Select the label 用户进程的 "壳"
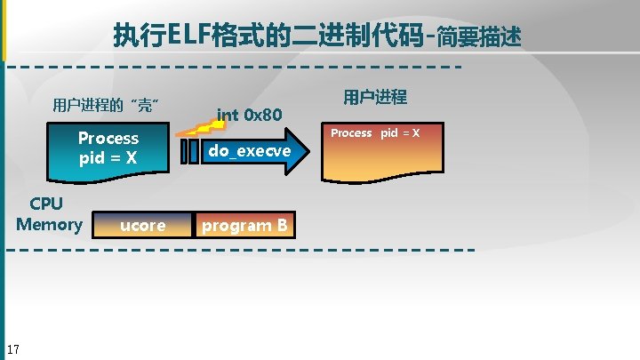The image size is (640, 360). tap(106, 107)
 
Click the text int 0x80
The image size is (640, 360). tap(250, 115)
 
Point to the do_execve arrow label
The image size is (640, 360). tap(249, 151)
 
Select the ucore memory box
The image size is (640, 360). tap(142, 226)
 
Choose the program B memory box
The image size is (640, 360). tap(244, 226)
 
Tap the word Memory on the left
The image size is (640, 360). tap(49, 224)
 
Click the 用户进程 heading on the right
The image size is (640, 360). tap(374, 97)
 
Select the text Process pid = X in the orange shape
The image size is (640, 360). tap(374, 133)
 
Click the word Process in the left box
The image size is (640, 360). tap(108, 138)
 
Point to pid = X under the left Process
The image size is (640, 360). tap(108, 158)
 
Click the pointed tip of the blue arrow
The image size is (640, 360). tap(315, 152)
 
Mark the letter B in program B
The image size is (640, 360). tap(281, 226)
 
